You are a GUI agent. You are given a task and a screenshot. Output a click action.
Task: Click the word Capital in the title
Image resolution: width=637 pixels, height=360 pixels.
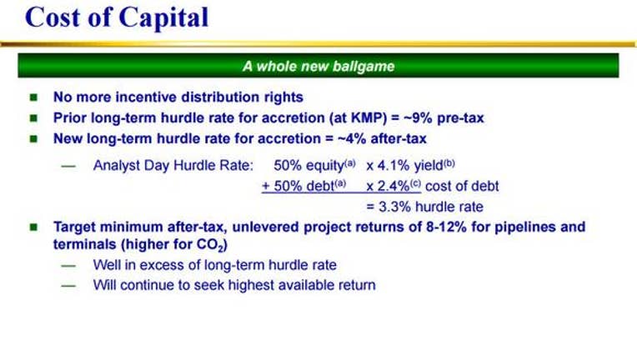[x=163, y=18]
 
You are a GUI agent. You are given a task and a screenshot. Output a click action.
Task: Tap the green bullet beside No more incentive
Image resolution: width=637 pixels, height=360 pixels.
[x=33, y=97]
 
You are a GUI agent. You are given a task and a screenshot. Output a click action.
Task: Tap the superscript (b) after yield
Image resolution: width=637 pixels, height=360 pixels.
[x=449, y=162]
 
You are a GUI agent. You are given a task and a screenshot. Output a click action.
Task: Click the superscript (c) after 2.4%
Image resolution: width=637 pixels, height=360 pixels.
[x=415, y=183]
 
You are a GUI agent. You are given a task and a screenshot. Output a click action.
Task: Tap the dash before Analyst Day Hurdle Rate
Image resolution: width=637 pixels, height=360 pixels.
[x=68, y=166]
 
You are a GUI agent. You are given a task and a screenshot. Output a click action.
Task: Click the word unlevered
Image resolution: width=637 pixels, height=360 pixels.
[x=266, y=227]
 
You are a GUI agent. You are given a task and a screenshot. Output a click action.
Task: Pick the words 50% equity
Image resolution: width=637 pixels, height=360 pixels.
[x=308, y=166]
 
